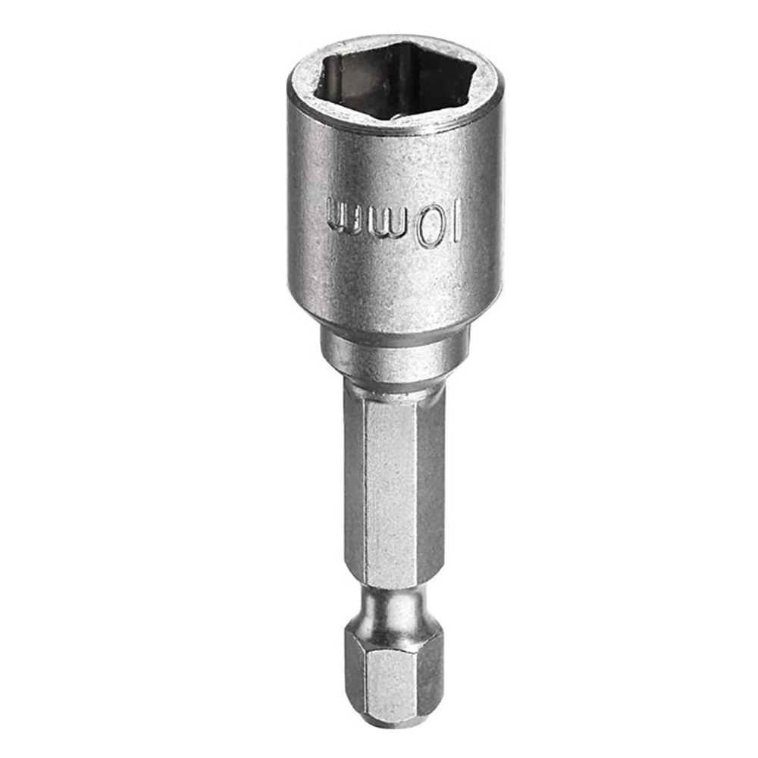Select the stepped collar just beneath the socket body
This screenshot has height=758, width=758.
394,352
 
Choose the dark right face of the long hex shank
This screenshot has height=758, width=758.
431,485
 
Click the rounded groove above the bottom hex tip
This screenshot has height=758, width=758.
394,606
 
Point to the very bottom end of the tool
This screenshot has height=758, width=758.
394,719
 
